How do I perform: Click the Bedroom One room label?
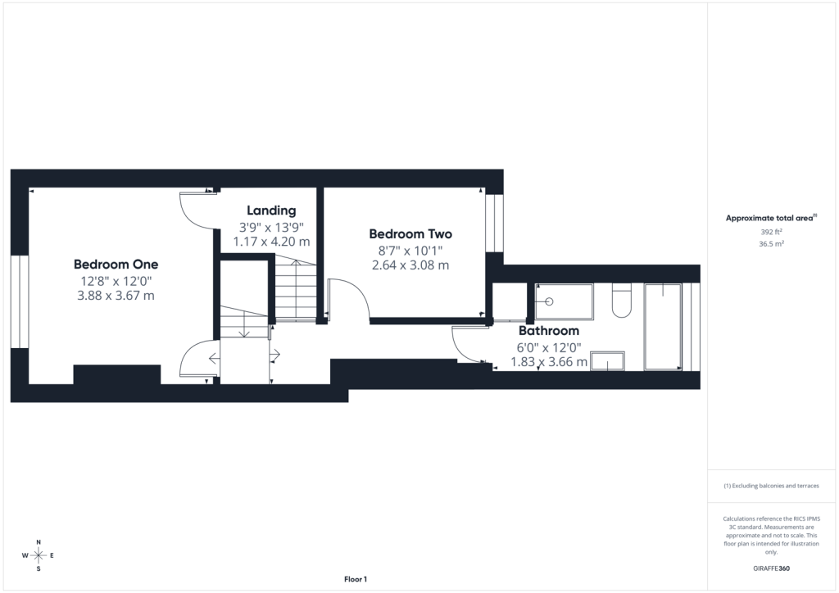tap(116, 265)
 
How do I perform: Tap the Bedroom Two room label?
tap(410, 233)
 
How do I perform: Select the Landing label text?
tap(271, 210)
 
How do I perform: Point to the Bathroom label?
tap(548, 330)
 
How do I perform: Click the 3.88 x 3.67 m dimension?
tap(116, 295)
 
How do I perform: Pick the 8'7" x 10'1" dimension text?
tap(410, 251)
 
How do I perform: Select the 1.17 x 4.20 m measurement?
tap(271, 241)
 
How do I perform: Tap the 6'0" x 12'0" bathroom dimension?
tap(548, 347)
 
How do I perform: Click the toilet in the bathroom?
tap(621, 301)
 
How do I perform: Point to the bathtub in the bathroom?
tap(663, 326)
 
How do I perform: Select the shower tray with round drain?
tap(564, 301)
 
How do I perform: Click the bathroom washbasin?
tap(607, 361)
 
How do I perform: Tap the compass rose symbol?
tap(39, 555)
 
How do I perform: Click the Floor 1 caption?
tap(356, 579)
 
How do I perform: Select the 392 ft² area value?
tap(771, 232)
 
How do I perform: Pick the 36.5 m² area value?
tap(771, 244)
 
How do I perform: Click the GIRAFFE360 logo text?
tap(771, 568)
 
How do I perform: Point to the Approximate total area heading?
tap(771, 218)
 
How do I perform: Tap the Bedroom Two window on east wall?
tap(494, 223)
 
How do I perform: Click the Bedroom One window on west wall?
tap(20, 301)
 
